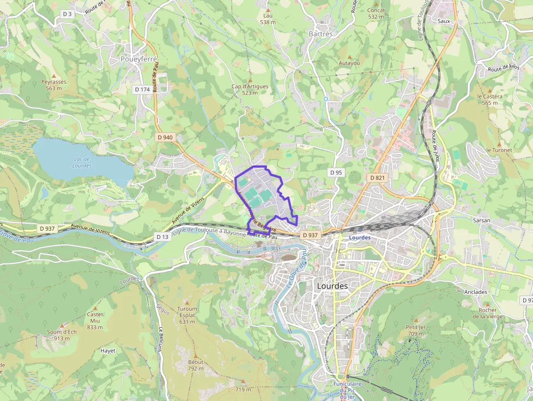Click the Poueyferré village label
(x=138, y=59)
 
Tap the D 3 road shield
(x=67, y=14)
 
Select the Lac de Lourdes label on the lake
(x=82, y=163)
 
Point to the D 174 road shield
(x=142, y=89)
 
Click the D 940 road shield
(x=165, y=137)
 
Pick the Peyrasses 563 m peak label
(x=54, y=85)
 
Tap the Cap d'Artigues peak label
(x=250, y=89)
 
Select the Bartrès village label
(x=320, y=34)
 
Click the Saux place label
(x=444, y=21)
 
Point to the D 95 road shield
(x=336, y=172)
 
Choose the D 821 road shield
(x=377, y=177)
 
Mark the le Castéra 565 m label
(x=489, y=99)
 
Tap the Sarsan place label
(x=481, y=220)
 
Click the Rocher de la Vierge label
(x=488, y=313)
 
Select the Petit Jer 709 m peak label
(x=415, y=330)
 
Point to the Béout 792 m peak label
(x=195, y=365)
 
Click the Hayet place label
(x=108, y=351)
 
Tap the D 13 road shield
(x=162, y=237)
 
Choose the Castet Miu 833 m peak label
(x=95, y=320)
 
